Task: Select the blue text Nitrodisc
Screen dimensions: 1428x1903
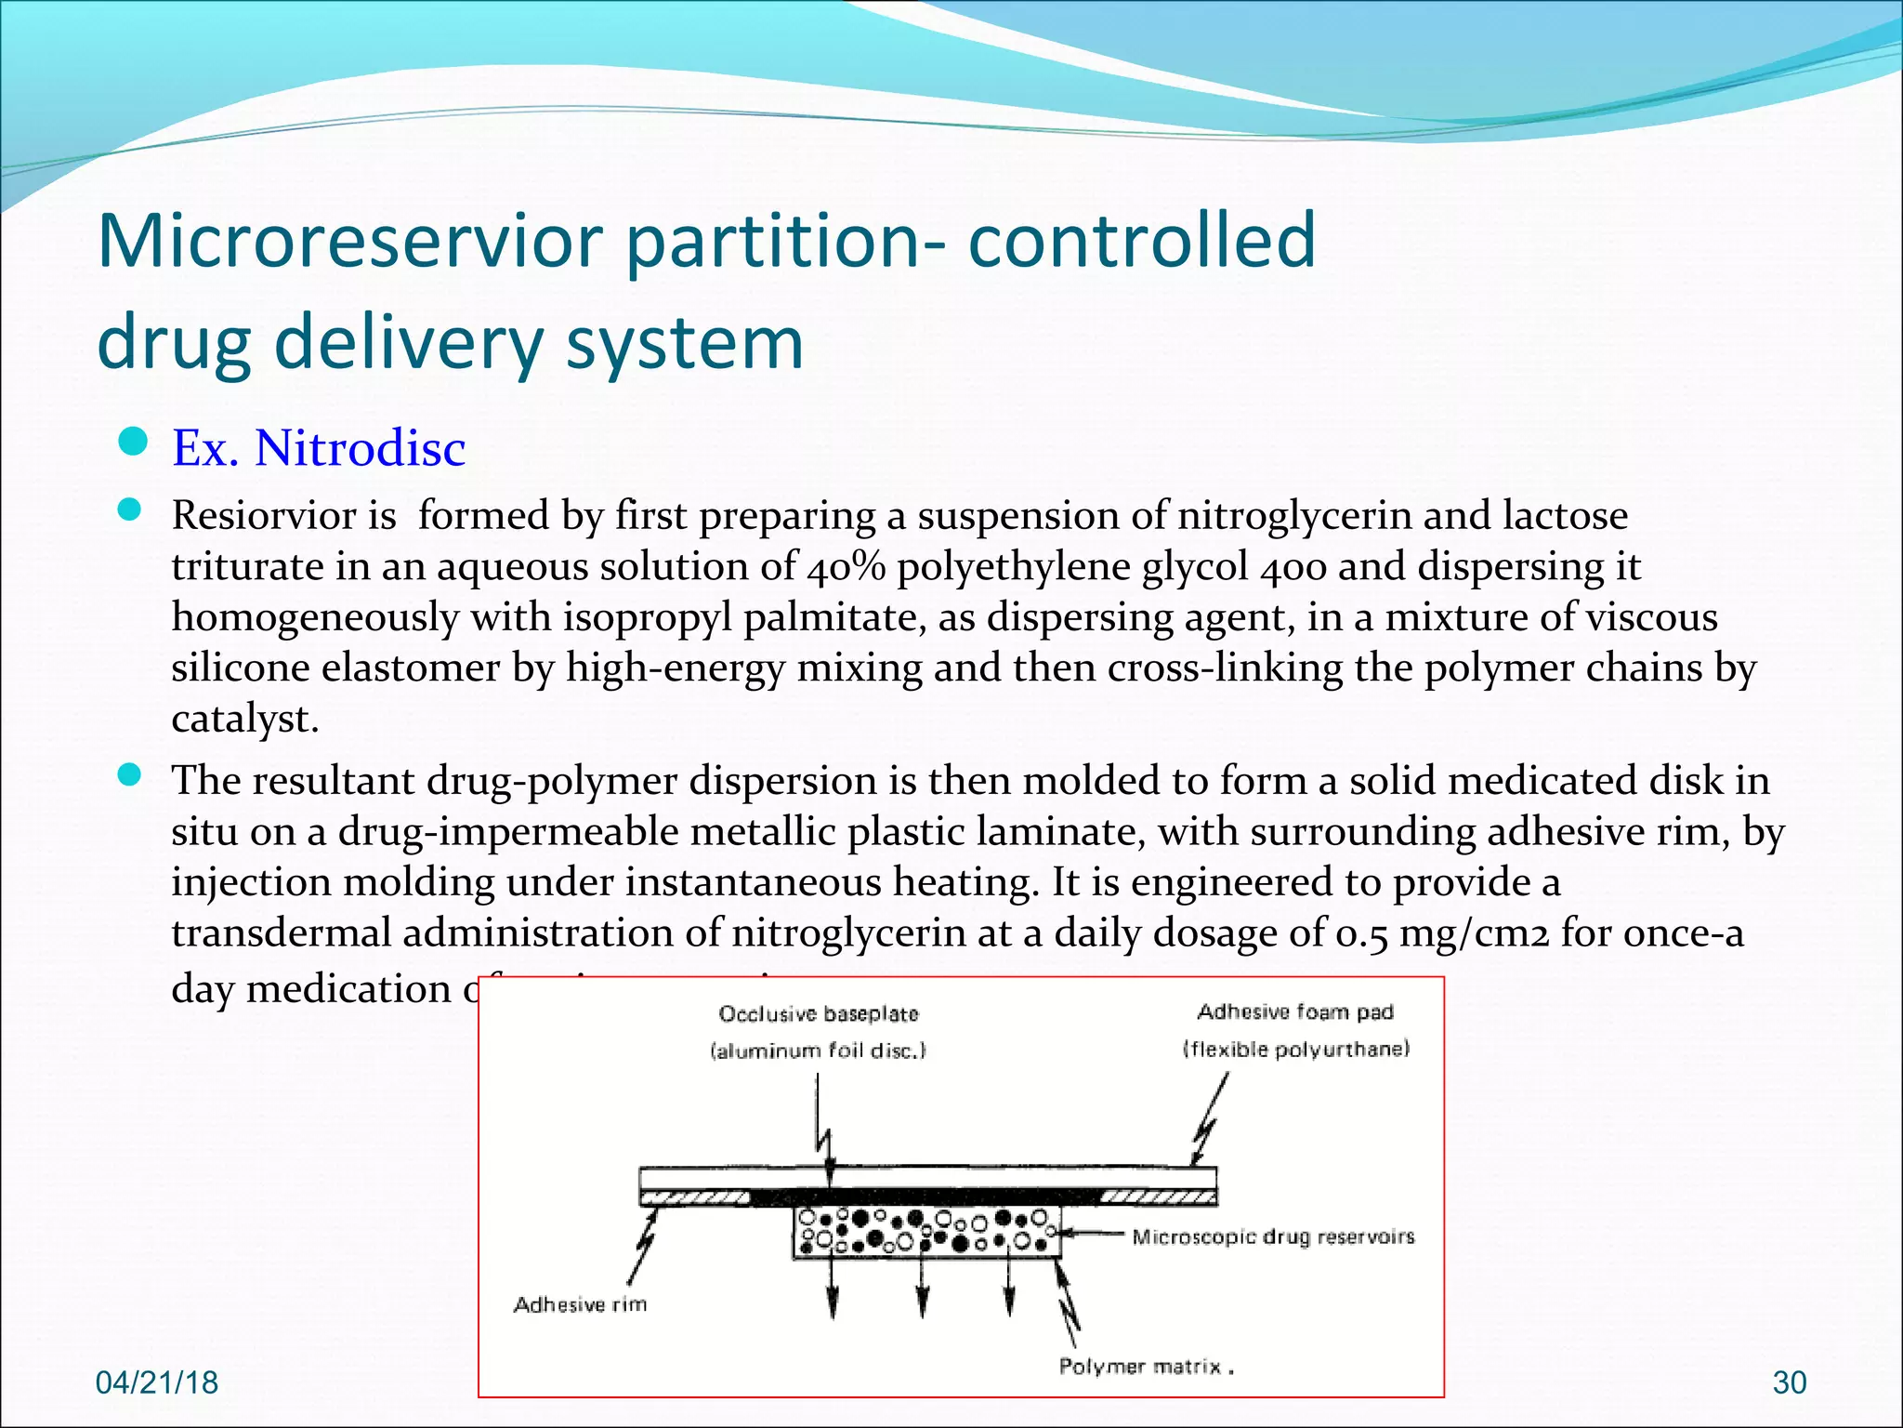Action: click(x=360, y=448)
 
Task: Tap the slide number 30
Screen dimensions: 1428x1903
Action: click(x=1789, y=1383)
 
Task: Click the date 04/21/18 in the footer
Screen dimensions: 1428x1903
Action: click(x=157, y=1382)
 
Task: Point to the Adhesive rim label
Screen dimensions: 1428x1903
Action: click(x=580, y=1304)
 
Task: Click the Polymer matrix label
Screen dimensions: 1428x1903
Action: click(x=1140, y=1366)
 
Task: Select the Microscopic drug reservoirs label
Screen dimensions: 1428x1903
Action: click(x=1272, y=1236)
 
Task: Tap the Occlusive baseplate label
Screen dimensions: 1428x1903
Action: click(x=818, y=1013)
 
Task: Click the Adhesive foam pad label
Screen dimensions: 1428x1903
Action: click(x=1295, y=1011)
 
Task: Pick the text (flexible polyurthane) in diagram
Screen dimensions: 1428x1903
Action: click(x=1295, y=1050)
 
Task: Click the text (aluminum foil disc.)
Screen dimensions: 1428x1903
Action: click(x=818, y=1051)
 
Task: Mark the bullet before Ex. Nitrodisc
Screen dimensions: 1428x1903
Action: click(x=134, y=442)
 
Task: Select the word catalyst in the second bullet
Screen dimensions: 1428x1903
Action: click(x=243, y=719)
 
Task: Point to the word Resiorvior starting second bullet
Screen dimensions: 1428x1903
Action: click(x=283, y=516)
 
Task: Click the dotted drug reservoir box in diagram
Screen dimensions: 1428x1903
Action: click(x=925, y=1233)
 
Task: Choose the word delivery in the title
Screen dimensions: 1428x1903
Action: click(x=409, y=342)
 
